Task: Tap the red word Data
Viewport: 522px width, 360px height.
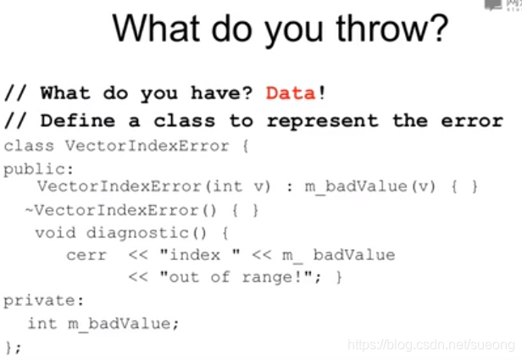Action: [291, 93]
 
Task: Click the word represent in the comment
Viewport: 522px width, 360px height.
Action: [323, 121]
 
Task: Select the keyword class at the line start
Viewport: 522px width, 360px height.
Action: [29, 146]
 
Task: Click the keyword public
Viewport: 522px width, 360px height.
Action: [38, 169]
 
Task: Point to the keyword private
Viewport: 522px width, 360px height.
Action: [43, 301]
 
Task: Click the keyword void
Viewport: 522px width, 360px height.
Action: [56, 232]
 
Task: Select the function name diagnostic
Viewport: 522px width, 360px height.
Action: [138, 233]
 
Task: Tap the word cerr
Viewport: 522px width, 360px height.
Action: [86, 255]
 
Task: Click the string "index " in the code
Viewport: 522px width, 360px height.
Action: [200, 255]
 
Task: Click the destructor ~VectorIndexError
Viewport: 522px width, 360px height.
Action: [112, 210]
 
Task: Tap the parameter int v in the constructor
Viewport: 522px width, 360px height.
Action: [242, 186]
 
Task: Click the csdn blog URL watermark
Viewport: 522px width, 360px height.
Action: [431, 345]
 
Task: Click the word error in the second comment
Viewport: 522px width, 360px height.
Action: [472, 121]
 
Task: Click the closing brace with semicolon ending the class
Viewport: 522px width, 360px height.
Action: [14, 347]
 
